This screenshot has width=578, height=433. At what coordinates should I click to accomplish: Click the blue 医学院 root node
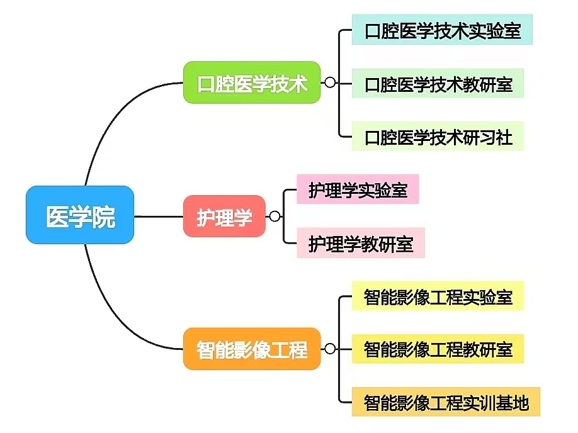click(80, 215)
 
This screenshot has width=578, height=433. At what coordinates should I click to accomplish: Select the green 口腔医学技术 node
click(252, 82)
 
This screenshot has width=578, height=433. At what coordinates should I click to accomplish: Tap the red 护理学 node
click(224, 216)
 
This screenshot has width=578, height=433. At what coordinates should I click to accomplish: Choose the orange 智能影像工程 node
click(252, 349)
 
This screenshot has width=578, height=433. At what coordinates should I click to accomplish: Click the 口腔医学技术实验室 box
click(443, 30)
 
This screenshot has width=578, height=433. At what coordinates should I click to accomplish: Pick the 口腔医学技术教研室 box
click(438, 84)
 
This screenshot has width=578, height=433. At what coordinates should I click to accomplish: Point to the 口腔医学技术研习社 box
click(438, 137)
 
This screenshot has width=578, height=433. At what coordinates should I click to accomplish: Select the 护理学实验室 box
click(358, 189)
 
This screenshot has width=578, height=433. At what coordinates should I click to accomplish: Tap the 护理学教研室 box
click(361, 243)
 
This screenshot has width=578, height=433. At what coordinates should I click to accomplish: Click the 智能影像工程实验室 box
click(438, 296)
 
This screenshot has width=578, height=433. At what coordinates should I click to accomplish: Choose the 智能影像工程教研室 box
click(438, 349)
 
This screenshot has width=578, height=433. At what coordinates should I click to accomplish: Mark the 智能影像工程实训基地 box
click(446, 401)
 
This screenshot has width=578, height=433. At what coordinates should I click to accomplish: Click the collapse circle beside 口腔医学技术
click(330, 82)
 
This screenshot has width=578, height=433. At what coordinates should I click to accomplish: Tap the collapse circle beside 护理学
click(275, 216)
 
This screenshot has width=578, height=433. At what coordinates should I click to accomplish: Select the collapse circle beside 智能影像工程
click(330, 349)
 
